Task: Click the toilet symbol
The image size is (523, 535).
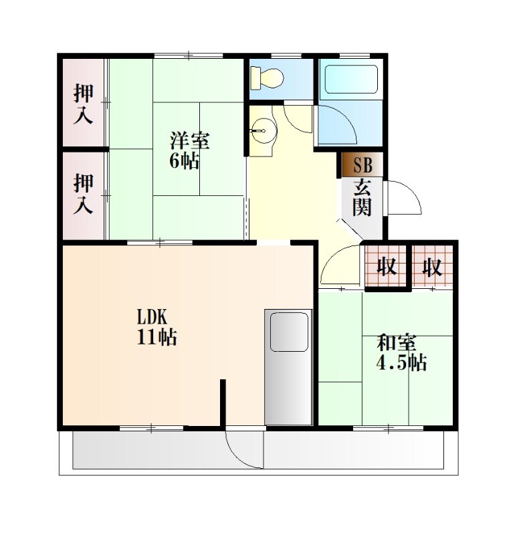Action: point(267,78)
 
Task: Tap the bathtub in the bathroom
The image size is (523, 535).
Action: point(351,79)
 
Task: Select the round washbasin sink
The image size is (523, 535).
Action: point(264,130)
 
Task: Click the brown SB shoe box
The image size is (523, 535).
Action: point(362,165)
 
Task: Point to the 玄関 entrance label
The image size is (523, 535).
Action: point(362,197)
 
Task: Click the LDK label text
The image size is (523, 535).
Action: point(152,317)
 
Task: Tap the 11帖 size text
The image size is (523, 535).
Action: point(157,338)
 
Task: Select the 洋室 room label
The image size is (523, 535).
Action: point(190,140)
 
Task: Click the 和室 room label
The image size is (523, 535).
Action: point(397,343)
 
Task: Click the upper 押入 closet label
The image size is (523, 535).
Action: point(83,104)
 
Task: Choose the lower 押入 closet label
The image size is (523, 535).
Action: point(83,194)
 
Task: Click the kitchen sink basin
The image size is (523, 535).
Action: point(289,332)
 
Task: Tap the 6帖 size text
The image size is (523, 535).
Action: point(185,161)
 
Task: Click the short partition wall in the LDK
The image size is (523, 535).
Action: point(223,403)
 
